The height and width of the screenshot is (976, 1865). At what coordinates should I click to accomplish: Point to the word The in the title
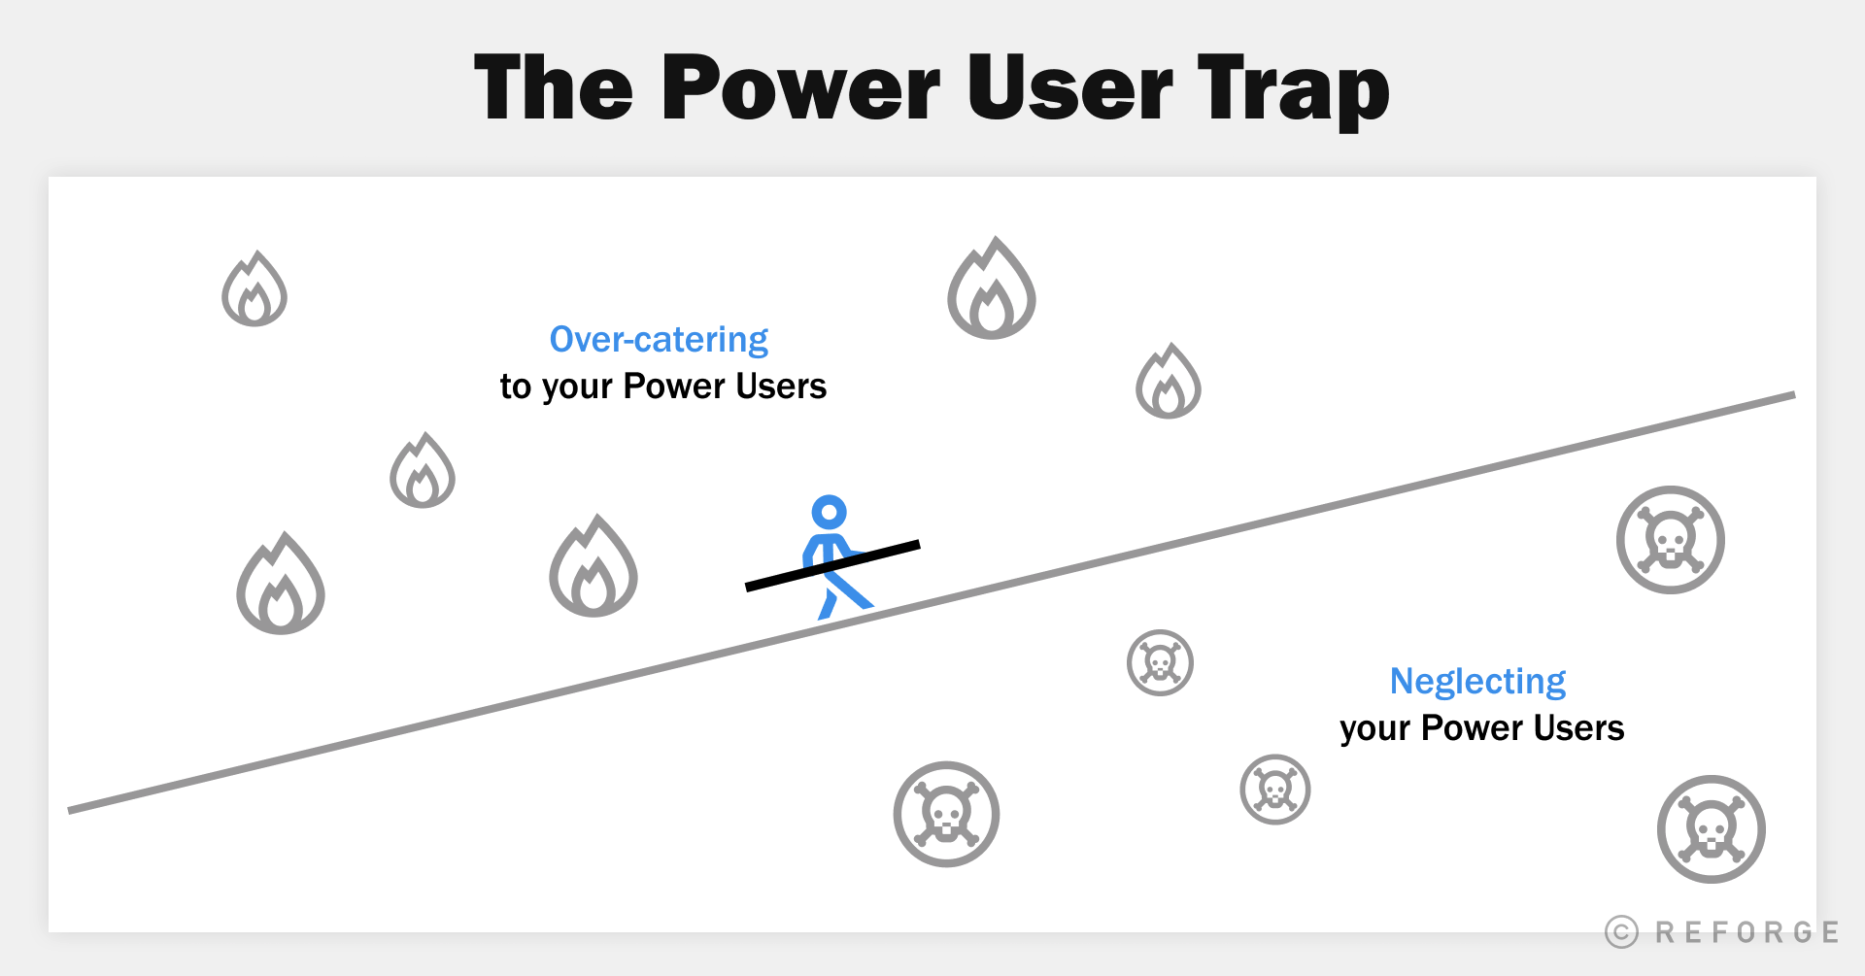(x=554, y=89)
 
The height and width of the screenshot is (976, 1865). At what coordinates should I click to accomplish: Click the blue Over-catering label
(x=659, y=340)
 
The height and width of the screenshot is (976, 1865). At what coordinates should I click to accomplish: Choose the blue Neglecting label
(x=1477, y=682)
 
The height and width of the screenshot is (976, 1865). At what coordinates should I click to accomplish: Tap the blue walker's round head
(x=829, y=512)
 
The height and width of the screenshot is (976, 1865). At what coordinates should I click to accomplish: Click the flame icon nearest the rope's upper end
(x=1169, y=383)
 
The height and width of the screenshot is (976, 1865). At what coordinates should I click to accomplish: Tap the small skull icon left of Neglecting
(x=1160, y=663)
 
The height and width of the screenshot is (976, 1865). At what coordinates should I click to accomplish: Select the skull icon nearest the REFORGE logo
(x=1711, y=829)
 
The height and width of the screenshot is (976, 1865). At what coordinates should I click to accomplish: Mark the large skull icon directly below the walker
(x=946, y=814)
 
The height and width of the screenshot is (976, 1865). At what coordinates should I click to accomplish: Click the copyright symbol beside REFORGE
(x=1621, y=932)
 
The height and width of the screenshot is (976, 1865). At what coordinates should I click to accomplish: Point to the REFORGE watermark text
(x=1746, y=932)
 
